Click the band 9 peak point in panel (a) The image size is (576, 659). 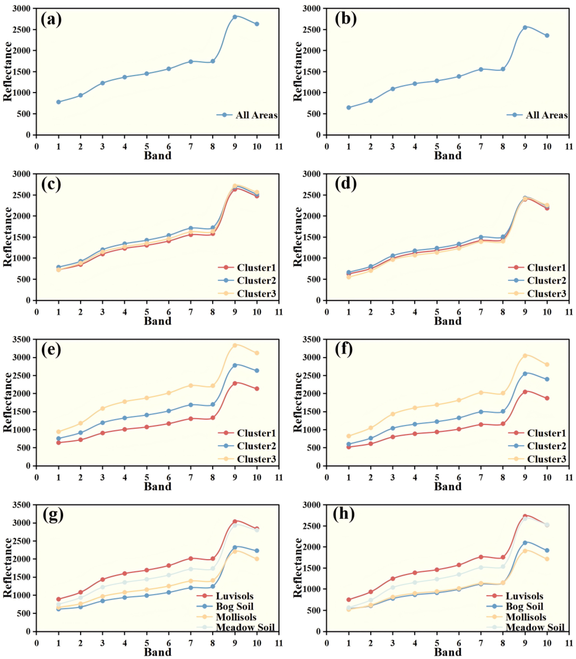[x=235, y=17]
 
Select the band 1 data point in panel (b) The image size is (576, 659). [x=348, y=108]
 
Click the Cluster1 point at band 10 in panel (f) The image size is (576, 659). [x=547, y=398]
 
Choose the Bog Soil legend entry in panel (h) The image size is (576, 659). [x=524, y=607]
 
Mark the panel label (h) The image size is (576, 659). [x=344, y=515]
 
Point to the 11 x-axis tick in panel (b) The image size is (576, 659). [x=569, y=147]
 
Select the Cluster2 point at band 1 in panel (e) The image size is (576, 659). [x=59, y=438]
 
